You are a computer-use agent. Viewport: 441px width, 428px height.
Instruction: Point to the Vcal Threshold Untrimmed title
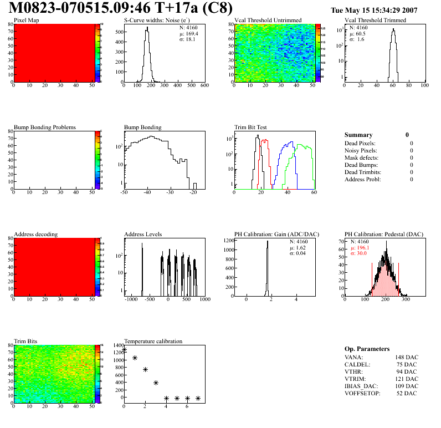[268, 21]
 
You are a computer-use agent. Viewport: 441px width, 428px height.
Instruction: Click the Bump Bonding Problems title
[45, 128]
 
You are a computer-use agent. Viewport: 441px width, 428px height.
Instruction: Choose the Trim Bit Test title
[252, 128]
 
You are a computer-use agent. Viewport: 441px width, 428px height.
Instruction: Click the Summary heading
[358, 135]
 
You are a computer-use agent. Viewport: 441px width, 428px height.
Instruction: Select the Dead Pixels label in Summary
[360, 143]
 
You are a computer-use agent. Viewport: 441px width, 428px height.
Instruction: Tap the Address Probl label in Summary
[362, 179]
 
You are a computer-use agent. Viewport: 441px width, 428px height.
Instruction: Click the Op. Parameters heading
[367, 349]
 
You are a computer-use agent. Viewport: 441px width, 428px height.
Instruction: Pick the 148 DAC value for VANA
[407, 357]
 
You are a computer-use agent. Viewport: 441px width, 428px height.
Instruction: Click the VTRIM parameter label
[355, 379]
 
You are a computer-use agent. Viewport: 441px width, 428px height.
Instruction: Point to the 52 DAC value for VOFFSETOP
[408, 393]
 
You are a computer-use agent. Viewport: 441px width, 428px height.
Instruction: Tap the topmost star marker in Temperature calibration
[124, 350]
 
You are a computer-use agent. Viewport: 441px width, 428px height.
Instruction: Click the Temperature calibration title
[153, 342]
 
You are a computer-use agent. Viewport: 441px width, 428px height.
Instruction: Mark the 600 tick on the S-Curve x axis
[204, 85]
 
